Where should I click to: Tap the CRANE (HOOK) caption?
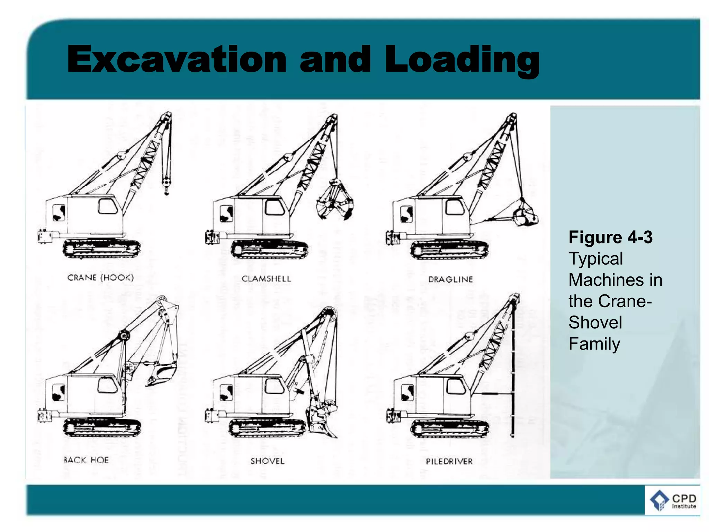tap(100, 278)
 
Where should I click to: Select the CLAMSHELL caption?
tap(266, 279)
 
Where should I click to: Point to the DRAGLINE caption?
tap(450, 280)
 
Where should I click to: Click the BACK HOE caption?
tap(86, 460)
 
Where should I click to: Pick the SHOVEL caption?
tap(267, 461)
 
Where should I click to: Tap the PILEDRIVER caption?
tap(449, 461)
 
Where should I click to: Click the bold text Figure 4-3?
tap(610, 238)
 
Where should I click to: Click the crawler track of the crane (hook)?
tap(101, 249)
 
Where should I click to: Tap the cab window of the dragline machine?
tap(455, 207)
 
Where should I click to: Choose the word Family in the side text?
tap(594, 344)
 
